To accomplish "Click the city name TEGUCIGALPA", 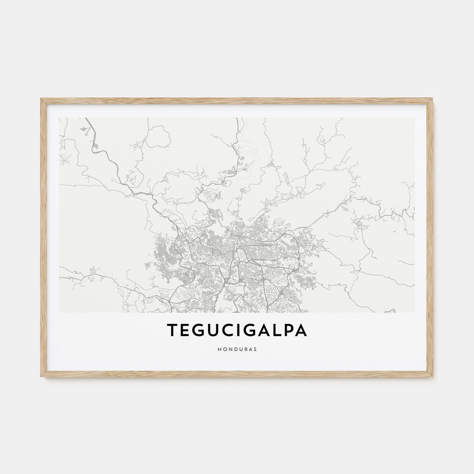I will pos(237,331).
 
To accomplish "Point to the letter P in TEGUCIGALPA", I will pos(288,331).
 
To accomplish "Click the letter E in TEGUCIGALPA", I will pos(185,331).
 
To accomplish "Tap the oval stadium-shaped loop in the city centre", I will pos(241,252).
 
